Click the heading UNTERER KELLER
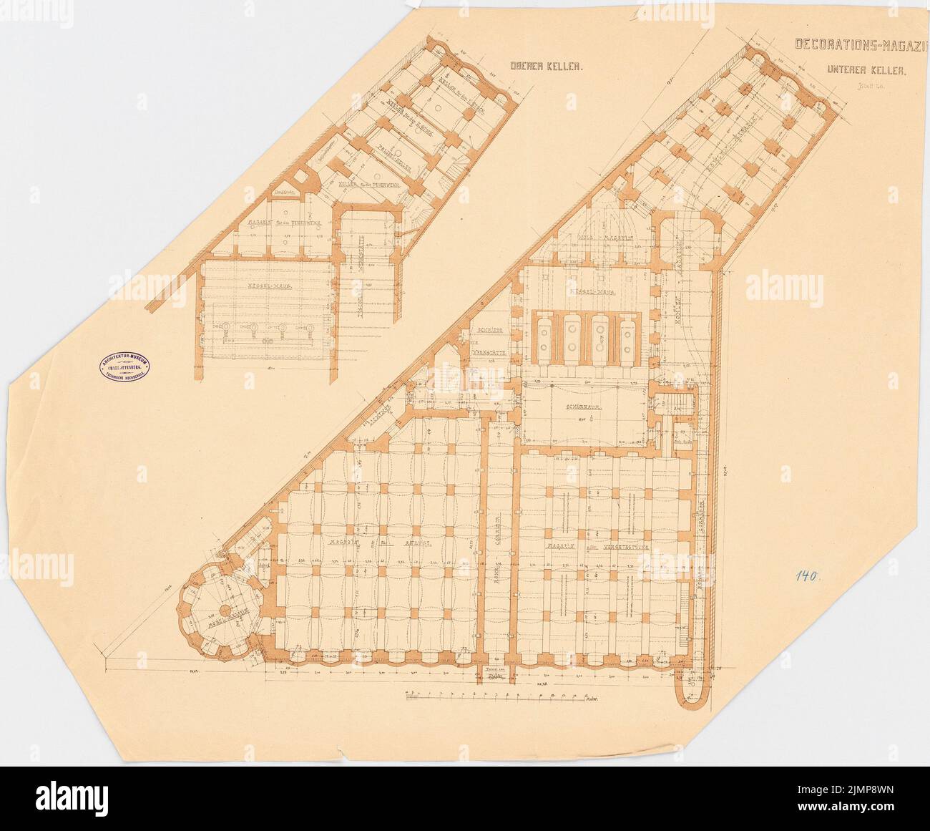[x=866, y=71]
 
